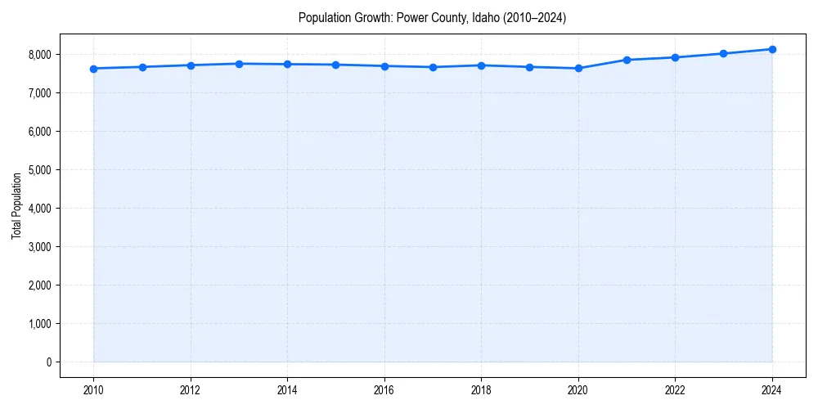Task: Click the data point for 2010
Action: [93, 69]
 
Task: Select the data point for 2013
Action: [239, 64]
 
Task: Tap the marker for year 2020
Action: [578, 69]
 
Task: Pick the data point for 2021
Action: [627, 60]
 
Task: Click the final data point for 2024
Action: [772, 49]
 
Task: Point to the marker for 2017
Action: [433, 67]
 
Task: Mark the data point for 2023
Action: [724, 54]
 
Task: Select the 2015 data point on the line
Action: [336, 65]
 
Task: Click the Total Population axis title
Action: [16, 206]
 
